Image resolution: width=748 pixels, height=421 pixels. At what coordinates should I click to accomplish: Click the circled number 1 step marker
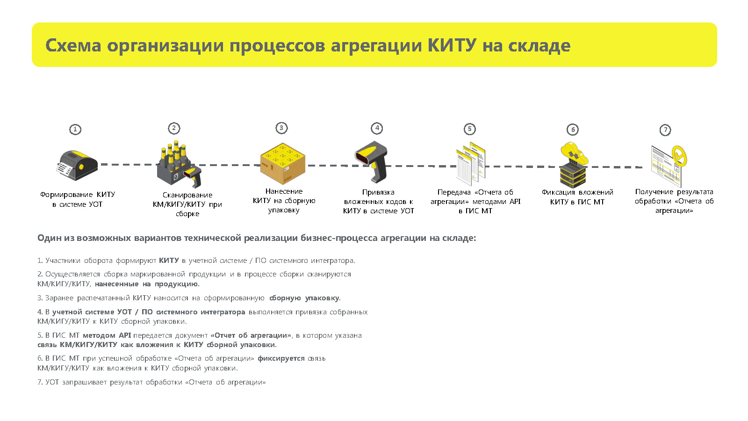(x=75, y=129)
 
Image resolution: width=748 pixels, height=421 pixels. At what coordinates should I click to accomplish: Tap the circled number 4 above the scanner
(x=377, y=128)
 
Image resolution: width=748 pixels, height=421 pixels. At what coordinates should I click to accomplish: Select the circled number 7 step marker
(x=665, y=130)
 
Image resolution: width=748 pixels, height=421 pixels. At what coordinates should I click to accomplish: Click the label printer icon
(x=77, y=166)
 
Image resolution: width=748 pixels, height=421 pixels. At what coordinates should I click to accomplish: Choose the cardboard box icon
(x=282, y=164)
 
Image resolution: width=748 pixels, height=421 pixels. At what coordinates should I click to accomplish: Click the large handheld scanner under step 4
(x=371, y=162)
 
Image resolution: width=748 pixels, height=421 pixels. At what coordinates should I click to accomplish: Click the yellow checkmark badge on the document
(x=679, y=156)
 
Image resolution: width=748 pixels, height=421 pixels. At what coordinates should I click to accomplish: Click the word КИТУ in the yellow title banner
(x=452, y=45)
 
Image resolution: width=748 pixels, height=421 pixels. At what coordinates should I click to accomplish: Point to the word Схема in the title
(x=73, y=45)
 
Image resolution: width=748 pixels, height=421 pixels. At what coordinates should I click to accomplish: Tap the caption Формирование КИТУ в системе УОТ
(x=78, y=199)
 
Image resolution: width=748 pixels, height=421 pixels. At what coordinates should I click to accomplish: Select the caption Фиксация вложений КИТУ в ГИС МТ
(x=577, y=197)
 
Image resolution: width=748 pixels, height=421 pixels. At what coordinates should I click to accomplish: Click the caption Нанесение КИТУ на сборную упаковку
(x=284, y=201)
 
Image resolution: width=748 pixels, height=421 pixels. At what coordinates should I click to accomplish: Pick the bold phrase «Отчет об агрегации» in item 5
(x=251, y=335)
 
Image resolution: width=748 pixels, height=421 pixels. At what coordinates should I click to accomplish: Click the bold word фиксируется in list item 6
(x=281, y=358)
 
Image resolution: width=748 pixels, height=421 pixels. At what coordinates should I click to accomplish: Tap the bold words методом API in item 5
(x=107, y=335)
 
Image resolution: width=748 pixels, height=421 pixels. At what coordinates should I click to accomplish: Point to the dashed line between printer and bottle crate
(x=129, y=164)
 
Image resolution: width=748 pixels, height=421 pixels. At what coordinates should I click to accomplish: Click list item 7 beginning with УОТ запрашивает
(x=151, y=382)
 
